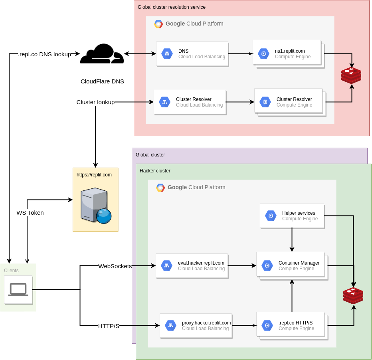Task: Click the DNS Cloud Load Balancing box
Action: [192, 53]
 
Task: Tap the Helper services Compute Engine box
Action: [292, 216]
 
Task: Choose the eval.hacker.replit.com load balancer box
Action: [192, 265]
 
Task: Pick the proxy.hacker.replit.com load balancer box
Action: [196, 325]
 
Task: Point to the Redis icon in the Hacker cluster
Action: [353, 295]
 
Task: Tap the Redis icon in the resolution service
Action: [351, 75]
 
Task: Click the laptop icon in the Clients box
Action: [18, 290]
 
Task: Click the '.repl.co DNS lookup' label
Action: [44, 54]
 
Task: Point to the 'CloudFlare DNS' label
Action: [102, 81]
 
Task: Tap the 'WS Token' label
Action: [30, 213]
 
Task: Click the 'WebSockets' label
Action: [115, 266]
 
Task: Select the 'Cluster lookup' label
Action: [95, 102]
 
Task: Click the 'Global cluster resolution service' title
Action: [172, 7]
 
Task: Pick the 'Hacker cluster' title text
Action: [155, 171]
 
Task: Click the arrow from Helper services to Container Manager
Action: [292, 239]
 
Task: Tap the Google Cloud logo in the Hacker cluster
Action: [160, 188]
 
